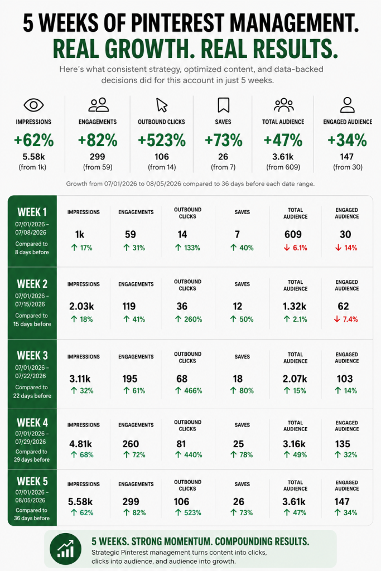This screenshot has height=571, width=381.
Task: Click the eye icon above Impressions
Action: (x=33, y=105)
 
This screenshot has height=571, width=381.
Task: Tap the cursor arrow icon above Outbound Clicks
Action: (x=162, y=105)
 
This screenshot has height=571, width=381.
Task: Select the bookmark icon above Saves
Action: (x=223, y=105)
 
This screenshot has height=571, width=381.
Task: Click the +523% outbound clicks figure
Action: (x=162, y=140)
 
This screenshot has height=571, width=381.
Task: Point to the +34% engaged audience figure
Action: (x=347, y=140)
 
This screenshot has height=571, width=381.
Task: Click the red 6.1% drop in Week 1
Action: (x=296, y=248)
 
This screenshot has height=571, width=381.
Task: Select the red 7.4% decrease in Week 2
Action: (x=346, y=320)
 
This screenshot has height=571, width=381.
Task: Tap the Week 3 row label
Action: (x=32, y=355)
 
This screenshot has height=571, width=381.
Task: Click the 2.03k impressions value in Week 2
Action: (x=81, y=306)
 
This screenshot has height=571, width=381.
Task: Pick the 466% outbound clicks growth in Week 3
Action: (x=189, y=391)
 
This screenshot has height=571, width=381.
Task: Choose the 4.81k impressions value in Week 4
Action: (x=80, y=444)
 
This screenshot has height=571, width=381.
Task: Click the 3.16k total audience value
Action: (x=295, y=444)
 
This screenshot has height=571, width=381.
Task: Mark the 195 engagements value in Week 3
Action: (x=129, y=379)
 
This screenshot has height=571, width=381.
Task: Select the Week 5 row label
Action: (x=32, y=481)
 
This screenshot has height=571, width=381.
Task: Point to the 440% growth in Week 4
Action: (x=189, y=455)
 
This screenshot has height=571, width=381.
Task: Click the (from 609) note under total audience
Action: (x=283, y=167)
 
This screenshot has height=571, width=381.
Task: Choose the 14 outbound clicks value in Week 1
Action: (x=182, y=235)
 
